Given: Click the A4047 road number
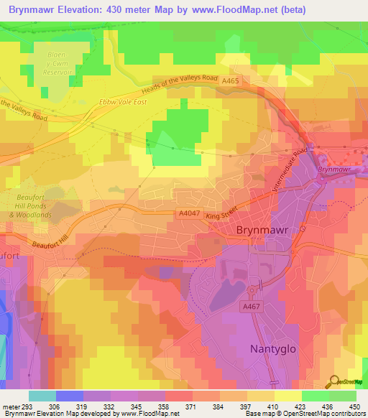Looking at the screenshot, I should pyautogui.click(x=185, y=213).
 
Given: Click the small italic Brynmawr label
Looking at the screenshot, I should pyautogui.click(x=333, y=169).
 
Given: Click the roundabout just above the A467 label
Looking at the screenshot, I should pyautogui.click(x=252, y=290).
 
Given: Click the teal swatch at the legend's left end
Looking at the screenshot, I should pyautogui.click(x=42, y=396).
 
